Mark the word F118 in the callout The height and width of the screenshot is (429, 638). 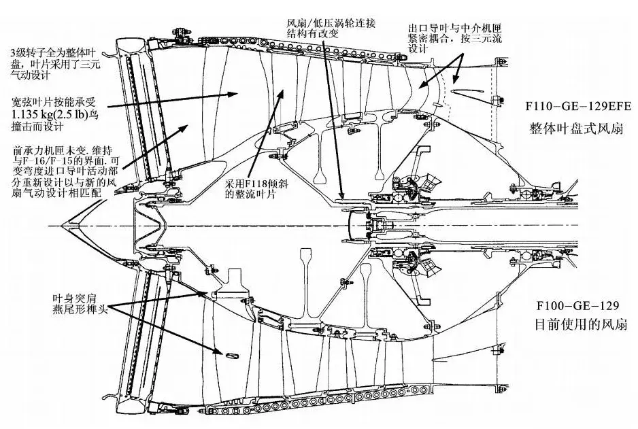(x=256, y=184)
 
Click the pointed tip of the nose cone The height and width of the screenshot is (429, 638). (x=60, y=225)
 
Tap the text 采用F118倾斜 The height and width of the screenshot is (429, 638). (x=255, y=184)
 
